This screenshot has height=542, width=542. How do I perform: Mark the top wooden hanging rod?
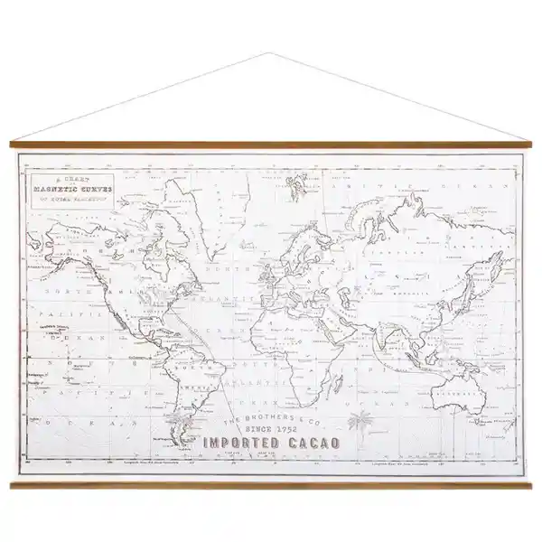pyautogui.click(x=271, y=144)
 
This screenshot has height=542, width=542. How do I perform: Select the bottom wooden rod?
pyautogui.click(x=271, y=485)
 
